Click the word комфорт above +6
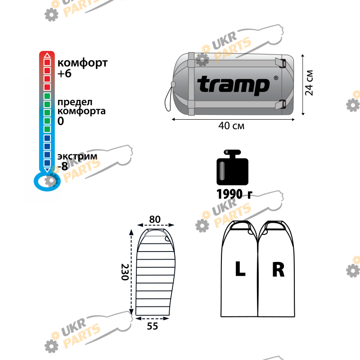[82, 63]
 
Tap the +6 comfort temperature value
[64, 73]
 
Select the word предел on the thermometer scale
[75, 102]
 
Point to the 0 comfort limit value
[61, 121]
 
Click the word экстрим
[77, 156]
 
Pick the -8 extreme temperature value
[63, 166]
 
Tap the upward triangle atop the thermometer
[47, 55]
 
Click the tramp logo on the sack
[233, 85]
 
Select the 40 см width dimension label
[231, 126]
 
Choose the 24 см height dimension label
[309, 83]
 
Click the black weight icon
[232, 167]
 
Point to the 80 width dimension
[155, 219]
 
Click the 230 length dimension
[125, 272]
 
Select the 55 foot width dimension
[153, 326]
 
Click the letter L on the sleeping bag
[240, 269]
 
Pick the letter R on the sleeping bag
[278, 269]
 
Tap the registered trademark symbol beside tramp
[276, 78]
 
